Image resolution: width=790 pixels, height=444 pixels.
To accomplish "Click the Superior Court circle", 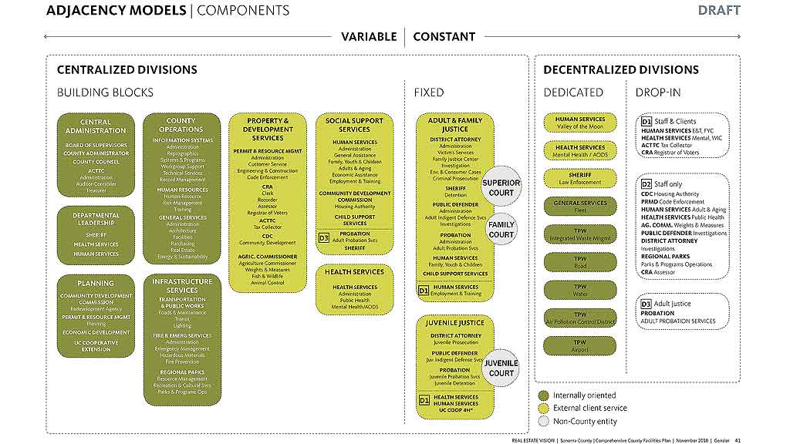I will pyautogui.click(x=501, y=187).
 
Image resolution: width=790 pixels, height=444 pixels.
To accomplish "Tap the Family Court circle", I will pyautogui.click(x=501, y=230).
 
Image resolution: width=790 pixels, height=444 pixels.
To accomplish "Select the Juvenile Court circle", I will pyautogui.click(x=501, y=368).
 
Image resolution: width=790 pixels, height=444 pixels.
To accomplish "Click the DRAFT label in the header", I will pyautogui.click(x=718, y=10).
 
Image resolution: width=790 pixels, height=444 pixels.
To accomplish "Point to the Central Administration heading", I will pyautogui.click(x=96, y=126).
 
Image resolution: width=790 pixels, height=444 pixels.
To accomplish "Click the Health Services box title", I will pyautogui.click(x=355, y=271).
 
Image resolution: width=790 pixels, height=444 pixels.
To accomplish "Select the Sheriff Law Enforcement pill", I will pyautogui.click(x=580, y=179).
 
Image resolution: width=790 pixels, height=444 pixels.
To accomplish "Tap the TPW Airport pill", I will pyautogui.click(x=580, y=346).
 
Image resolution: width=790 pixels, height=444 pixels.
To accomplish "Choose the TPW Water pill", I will pyautogui.click(x=580, y=291).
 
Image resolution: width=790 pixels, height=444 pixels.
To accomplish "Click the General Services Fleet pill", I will pyautogui.click(x=580, y=207).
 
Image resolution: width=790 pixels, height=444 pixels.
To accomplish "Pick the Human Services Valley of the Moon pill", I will pyautogui.click(x=580, y=123).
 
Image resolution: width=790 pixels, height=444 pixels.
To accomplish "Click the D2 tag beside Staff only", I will pyautogui.click(x=647, y=184).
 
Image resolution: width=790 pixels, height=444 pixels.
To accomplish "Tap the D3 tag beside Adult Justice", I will pyautogui.click(x=647, y=304).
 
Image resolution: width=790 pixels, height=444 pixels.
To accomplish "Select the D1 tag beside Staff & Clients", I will pyautogui.click(x=647, y=121).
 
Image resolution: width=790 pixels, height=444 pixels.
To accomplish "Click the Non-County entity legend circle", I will pyautogui.click(x=543, y=422).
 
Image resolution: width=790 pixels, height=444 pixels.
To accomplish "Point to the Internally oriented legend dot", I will pyautogui.click(x=543, y=395).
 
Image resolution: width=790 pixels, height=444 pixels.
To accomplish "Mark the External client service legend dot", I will pyautogui.click(x=543, y=409).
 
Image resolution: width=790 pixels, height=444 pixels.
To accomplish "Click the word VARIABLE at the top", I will pyautogui.click(x=369, y=36).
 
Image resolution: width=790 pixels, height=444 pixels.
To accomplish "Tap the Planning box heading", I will pyautogui.click(x=96, y=283).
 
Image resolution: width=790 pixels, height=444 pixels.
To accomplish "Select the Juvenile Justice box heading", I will pyautogui.click(x=455, y=323).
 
